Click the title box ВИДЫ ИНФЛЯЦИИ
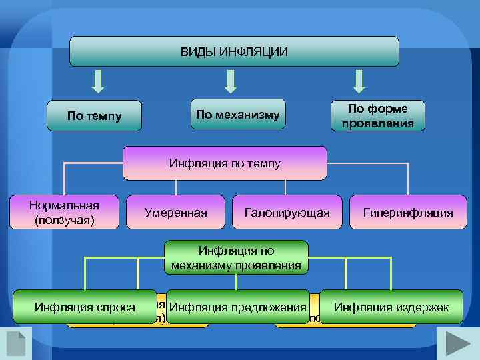(234, 51)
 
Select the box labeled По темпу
(95, 115)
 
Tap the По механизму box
(238, 114)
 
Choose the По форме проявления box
(377, 115)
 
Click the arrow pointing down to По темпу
(98, 81)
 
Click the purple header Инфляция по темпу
(225, 163)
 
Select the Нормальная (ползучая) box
(64, 212)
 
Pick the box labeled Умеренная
(175, 213)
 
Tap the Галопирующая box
(287, 213)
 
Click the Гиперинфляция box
(408, 213)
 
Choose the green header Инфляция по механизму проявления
(236, 258)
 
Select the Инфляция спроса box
(85, 307)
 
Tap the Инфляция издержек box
(391, 307)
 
